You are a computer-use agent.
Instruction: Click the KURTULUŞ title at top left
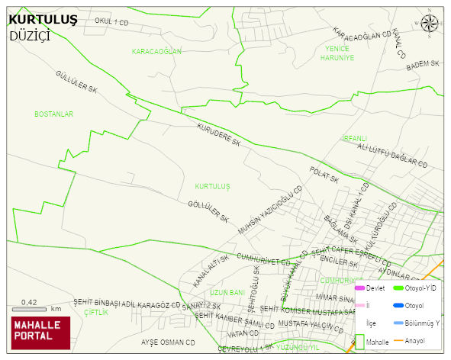(43, 20)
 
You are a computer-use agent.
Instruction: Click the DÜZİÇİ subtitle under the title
(30, 36)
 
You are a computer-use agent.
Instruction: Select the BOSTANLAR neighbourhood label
(53, 114)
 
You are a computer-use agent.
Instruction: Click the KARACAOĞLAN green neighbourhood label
(156, 51)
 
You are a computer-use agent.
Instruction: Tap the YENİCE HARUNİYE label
(337, 53)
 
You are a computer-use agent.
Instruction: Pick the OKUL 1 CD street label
(111, 23)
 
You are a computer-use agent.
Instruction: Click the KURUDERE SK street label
(218, 135)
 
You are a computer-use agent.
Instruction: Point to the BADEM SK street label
(424, 66)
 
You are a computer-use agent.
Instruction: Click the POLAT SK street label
(324, 175)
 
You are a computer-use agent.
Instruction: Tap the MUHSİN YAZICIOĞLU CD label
(266, 213)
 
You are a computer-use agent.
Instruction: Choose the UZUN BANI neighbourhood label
(227, 292)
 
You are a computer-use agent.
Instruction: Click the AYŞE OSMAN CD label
(168, 342)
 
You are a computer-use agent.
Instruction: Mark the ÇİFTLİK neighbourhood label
(96, 312)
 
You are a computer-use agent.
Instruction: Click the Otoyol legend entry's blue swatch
(398, 306)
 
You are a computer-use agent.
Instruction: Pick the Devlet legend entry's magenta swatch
(359, 288)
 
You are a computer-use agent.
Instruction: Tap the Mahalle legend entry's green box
(359, 341)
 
